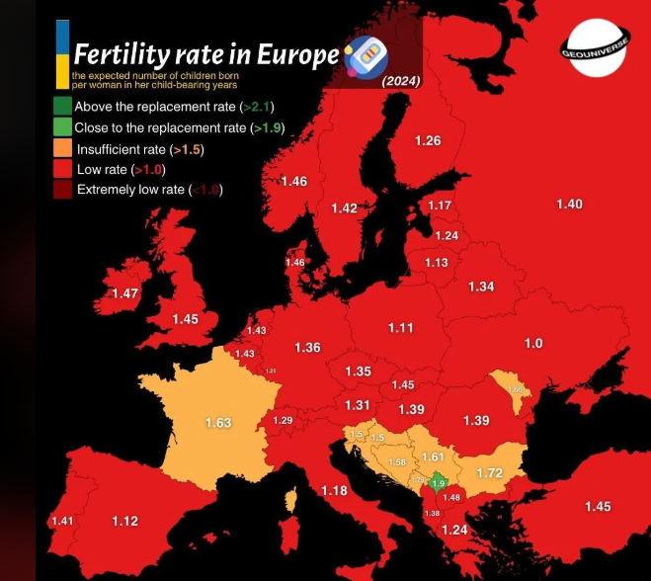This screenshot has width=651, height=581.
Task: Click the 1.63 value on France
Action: pos(217,423)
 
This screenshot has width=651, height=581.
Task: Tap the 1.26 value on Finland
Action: pos(428,141)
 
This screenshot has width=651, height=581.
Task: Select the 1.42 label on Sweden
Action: pos(344,208)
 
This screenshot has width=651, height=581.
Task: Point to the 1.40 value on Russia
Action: pos(569,205)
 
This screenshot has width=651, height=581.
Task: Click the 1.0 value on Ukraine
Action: pos(532,343)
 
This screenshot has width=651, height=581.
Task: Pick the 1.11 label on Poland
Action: pos(400,328)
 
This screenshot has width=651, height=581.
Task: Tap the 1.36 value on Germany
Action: pos(307,348)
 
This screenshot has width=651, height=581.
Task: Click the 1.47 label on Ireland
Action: pos(125,294)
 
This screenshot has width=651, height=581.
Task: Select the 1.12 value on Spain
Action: pos(124,522)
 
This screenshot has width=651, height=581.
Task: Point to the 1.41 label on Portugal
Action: pos(61,521)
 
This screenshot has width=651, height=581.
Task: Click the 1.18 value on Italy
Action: pos(334,491)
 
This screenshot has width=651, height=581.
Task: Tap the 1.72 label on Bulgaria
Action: pos(489,474)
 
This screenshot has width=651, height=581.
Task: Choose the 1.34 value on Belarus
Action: pos(481,287)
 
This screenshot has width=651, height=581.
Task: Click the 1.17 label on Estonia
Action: pos(440,206)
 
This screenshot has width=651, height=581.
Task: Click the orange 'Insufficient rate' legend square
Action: pos(62,149)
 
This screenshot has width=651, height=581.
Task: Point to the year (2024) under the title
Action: pos(401,81)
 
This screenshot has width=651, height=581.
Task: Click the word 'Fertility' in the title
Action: pos(123,54)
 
